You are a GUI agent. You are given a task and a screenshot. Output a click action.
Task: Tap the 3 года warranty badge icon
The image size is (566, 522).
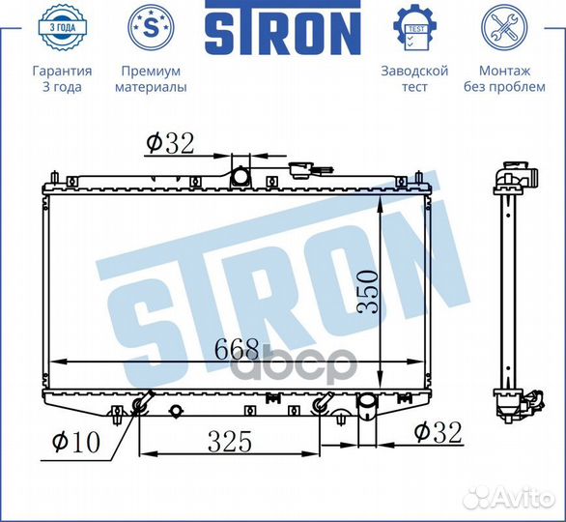(x=62, y=30)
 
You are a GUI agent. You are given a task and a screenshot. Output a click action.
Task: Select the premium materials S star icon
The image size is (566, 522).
(x=150, y=29)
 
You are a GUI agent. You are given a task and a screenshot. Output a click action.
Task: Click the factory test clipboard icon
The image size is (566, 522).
(x=413, y=29)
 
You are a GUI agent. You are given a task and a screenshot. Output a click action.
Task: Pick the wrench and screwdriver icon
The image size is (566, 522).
(x=503, y=29)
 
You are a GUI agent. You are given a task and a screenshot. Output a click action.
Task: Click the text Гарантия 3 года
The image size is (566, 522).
(x=62, y=79)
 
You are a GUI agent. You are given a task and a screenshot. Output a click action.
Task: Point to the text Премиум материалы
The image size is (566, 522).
(x=150, y=79)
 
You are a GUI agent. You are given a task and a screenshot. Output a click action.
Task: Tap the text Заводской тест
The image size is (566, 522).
(x=414, y=79)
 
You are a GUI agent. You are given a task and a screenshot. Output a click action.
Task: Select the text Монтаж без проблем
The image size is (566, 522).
(x=503, y=79)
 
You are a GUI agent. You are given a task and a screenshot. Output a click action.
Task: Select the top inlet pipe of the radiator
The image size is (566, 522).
(x=240, y=176)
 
